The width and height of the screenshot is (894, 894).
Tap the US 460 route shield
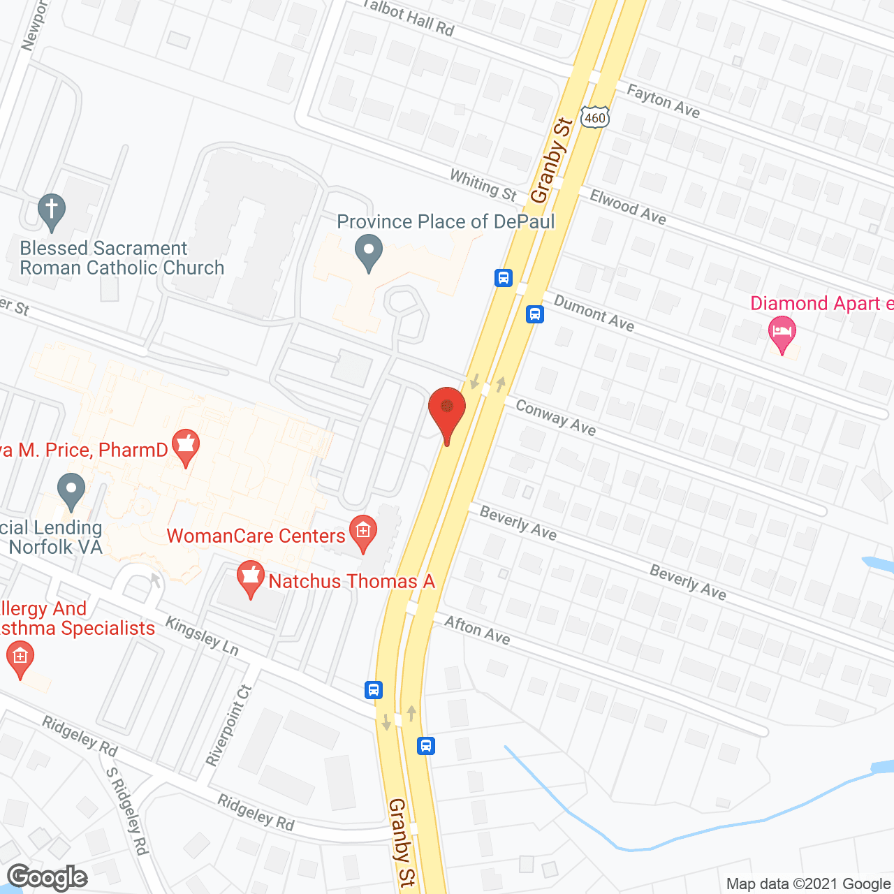pyautogui.click(x=595, y=117)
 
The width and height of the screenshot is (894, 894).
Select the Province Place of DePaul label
pyautogui.click(x=446, y=222)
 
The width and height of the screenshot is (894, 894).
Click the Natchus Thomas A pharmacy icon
pyautogui.click(x=250, y=578)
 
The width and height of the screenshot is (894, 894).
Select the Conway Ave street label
pyautogui.click(x=555, y=417)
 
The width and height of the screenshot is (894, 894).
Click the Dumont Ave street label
pyautogui.click(x=594, y=312)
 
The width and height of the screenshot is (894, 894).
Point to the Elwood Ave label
pyautogui.click(x=628, y=207)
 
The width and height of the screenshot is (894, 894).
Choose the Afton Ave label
pyautogui.click(x=477, y=630)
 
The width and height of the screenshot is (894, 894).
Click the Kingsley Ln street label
pyautogui.click(x=202, y=636)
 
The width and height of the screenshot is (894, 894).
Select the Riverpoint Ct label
pyautogui.click(x=228, y=725)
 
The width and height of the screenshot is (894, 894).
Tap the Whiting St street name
pyautogui.click(x=483, y=185)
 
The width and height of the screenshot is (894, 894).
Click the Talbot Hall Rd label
pyautogui.click(x=409, y=17)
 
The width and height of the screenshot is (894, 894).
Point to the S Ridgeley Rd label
pyautogui.click(x=127, y=810)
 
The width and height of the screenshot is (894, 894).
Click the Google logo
pyautogui.click(x=47, y=877)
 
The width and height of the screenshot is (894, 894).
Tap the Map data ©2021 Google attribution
pyautogui.click(x=808, y=884)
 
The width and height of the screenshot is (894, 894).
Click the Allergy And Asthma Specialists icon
pyautogui.click(x=20, y=659)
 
